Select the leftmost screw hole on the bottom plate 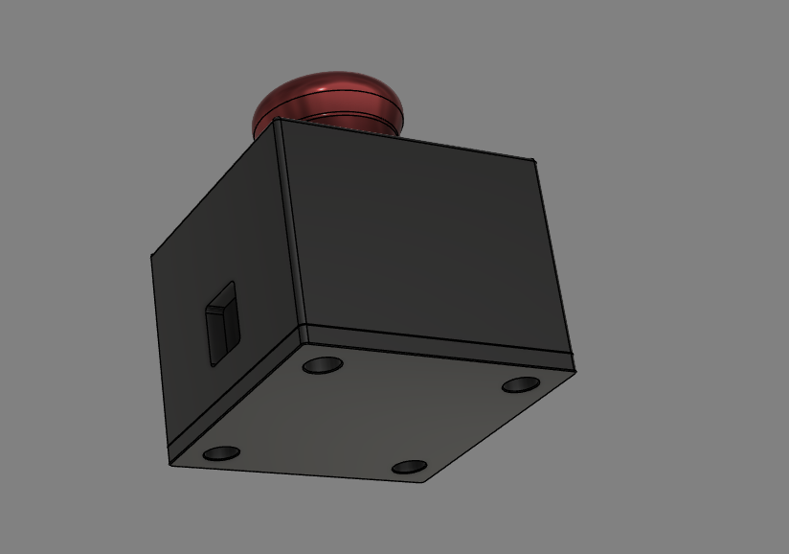pyautogui.click(x=220, y=451)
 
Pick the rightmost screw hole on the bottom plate pyautogui.click(x=521, y=384)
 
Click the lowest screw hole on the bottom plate pyautogui.click(x=409, y=467)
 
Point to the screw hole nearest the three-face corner pyautogui.click(x=323, y=365)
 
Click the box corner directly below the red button pyautogui.click(x=277, y=121)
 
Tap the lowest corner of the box pyautogui.click(x=424, y=481)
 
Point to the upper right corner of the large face pyautogui.click(x=532, y=159)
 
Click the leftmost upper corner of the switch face pyautogui.click(x=151, y=255)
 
